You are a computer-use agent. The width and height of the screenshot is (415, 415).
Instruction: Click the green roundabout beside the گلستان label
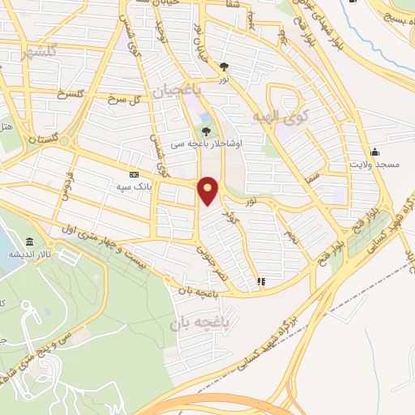tap(7, 139)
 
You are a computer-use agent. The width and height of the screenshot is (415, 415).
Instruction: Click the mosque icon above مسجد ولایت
tap(374, 152)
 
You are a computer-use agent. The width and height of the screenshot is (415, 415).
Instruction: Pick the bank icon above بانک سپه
tap(134, 173)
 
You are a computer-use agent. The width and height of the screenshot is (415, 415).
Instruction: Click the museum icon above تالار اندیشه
tap(30, 242)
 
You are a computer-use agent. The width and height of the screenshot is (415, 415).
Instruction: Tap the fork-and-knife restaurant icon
tap(260, 282)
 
